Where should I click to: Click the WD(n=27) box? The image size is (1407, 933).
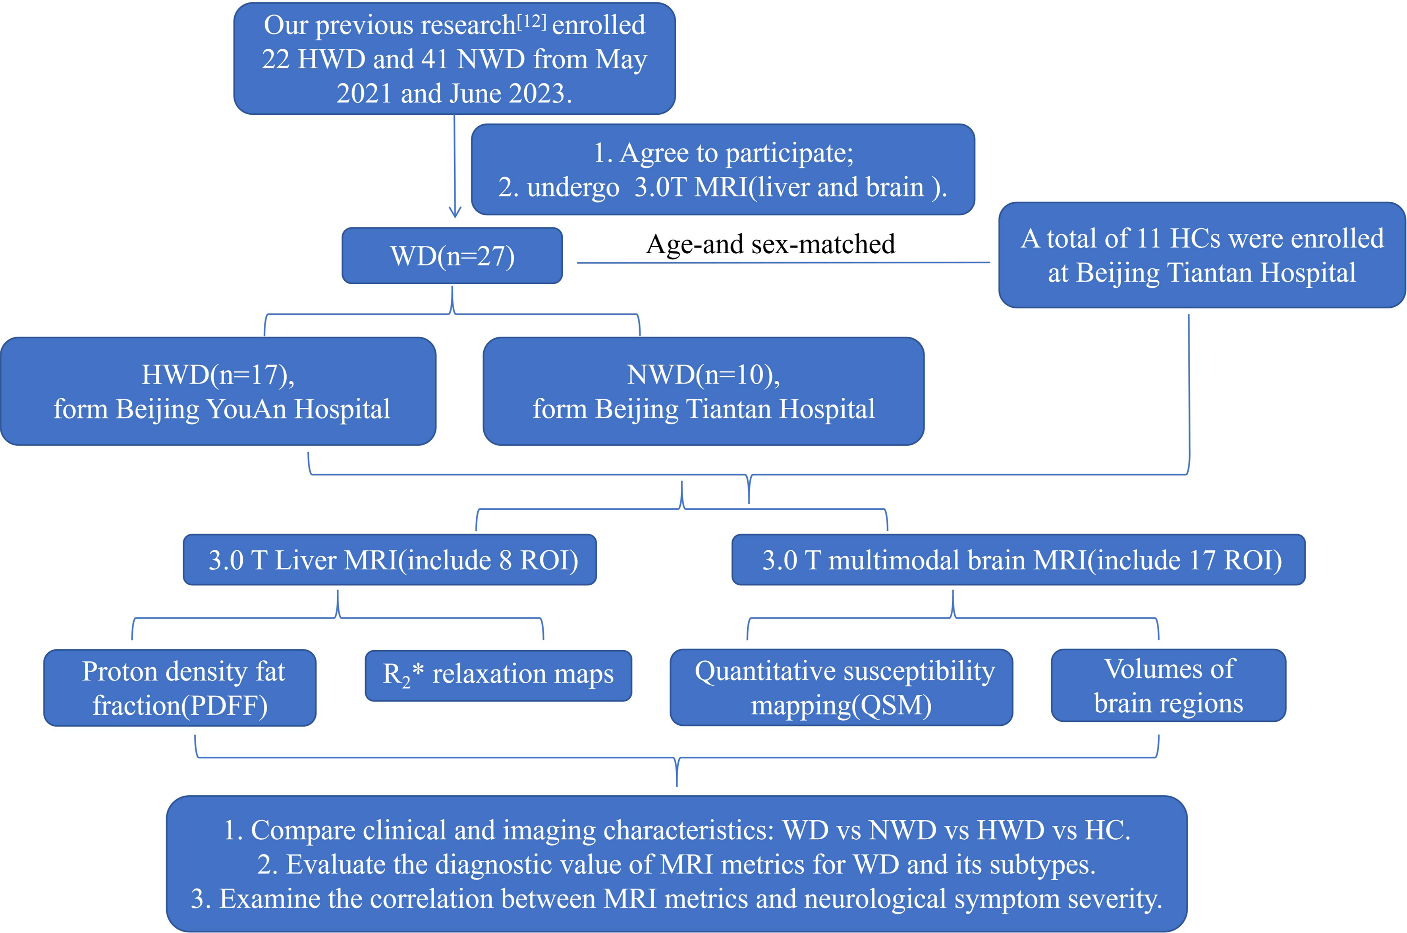coord(452,256)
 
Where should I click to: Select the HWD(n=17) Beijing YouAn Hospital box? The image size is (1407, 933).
coord(218,391)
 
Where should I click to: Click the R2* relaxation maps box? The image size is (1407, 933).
coord(498,675)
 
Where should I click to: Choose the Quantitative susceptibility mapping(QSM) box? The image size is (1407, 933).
coord(841,687)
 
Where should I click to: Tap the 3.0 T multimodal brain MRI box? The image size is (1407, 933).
coord(1018,560)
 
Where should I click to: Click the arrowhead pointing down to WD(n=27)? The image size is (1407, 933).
coord(455,212)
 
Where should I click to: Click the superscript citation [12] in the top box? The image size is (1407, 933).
coord(531,21)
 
